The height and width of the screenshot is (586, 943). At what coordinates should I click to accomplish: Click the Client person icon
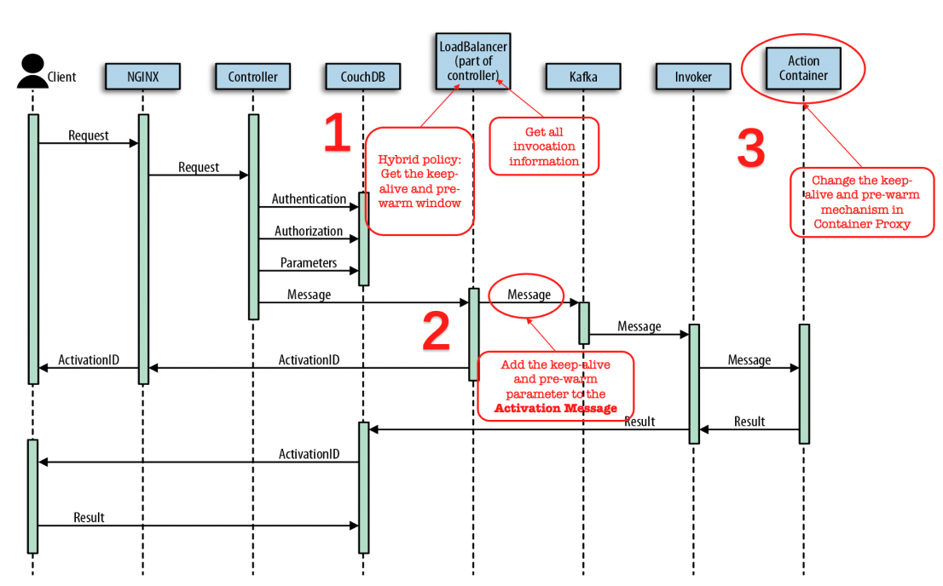coord(32,71)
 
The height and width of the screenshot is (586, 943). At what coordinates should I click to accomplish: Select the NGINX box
coord(142,77)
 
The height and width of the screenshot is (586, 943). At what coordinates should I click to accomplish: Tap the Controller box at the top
coord(252,77)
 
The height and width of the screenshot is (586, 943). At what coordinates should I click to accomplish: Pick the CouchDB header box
coord(362,77)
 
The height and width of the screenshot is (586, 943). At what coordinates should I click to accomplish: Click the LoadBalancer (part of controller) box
coord(473,61)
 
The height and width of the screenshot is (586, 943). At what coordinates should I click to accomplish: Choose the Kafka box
coord(583,77)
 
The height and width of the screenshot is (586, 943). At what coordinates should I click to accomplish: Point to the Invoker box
coord(693,77)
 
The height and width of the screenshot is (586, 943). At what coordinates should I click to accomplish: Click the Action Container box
coord(803,68)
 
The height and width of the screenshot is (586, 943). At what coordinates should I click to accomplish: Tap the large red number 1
coord(337,132)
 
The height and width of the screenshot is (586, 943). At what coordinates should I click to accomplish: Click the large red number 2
coord(436,330)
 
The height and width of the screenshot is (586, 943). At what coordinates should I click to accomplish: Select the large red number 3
coord(751,147)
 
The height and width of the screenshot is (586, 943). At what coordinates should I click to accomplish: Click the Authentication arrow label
coord(309,199)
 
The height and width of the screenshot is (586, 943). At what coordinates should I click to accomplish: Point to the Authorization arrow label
coord(309,231)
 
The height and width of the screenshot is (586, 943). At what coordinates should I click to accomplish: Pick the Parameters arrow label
coord(309,262)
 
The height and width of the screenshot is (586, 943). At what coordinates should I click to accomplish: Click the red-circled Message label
coord(529,295)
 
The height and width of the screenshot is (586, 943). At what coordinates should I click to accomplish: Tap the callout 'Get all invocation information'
coord(544,146)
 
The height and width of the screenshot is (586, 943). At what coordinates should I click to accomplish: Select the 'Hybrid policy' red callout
coord(419,181)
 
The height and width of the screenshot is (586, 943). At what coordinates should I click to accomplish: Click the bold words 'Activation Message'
coord(556,408)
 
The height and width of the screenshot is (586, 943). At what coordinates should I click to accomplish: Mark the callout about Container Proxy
coord(862,202)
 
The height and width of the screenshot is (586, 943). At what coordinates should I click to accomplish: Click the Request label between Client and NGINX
coord(89,135)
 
